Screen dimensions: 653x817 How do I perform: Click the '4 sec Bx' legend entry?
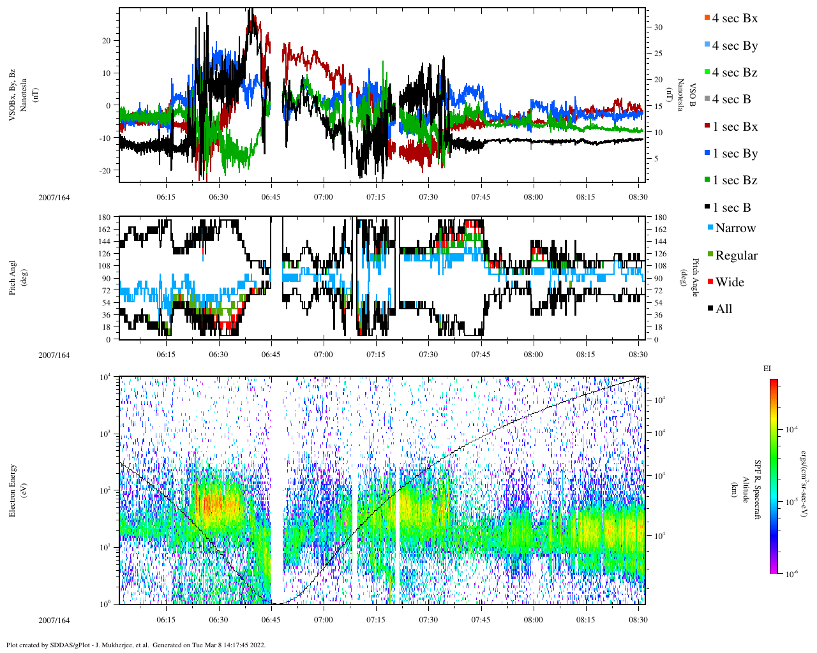[x=734, y=18]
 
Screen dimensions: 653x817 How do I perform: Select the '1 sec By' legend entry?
[x=734, y=154]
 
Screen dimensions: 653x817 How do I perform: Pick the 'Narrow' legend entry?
[x=735, y=228]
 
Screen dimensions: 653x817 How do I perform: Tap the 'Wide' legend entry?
[x=729, y=282]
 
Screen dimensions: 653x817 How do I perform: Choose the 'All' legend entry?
[x=723, y=309]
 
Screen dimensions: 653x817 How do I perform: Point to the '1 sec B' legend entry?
[x=731, y=208]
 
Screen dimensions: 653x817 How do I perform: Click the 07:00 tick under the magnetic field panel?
[x=323, y=197]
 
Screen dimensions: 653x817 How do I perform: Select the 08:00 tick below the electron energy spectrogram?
[x=533, y=620]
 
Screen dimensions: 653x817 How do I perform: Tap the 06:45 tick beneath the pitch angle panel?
[x=271, y=355]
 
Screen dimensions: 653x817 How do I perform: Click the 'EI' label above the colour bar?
[x=767, y=369]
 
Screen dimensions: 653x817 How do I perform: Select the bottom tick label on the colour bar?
[x=791, y=574]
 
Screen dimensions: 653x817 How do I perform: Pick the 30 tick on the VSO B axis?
[x=658, y=27]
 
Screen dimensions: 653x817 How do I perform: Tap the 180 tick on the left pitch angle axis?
[x=105, y=217]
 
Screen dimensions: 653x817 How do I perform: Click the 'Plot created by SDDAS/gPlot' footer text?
[x=136, y=645]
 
